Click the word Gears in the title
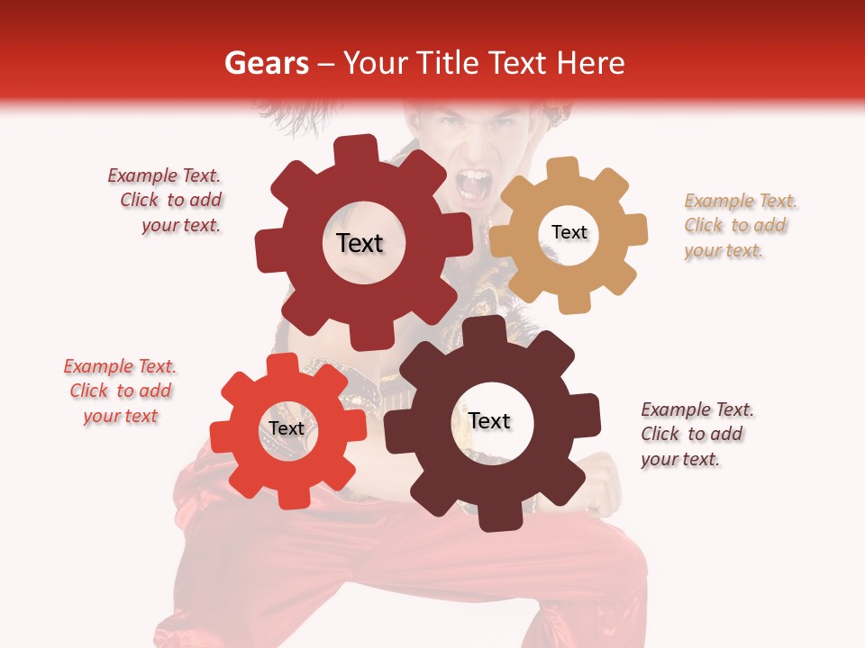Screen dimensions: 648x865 pyautogui.click(x=266, y=63)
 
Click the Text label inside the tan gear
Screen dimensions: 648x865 pyautogui.click(x=569, y=232)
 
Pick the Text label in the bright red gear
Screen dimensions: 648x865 pyautogui.click(x=287, y=428)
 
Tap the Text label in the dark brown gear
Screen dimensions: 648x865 pyautogui.click(x=489, y=421)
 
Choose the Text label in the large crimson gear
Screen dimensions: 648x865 pyautogui.click(x=360, y=243)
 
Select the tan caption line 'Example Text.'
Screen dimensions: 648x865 pyautogui.click(x=741, y=201)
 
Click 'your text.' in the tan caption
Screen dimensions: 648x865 pyautogui.click(x=724, y=251)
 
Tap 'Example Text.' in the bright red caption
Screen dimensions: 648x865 pyautogui.click(x=120, y=366)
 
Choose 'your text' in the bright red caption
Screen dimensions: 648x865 pyautogui.click(x=121, y=416)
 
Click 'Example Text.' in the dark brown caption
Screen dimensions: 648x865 pyautogui.click(x=697, y=409)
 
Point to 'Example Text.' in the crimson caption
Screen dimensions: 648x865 pyautogui.click(x=164, y=175)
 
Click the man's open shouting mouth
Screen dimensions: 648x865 pyautogui.click(x=471, y=184)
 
